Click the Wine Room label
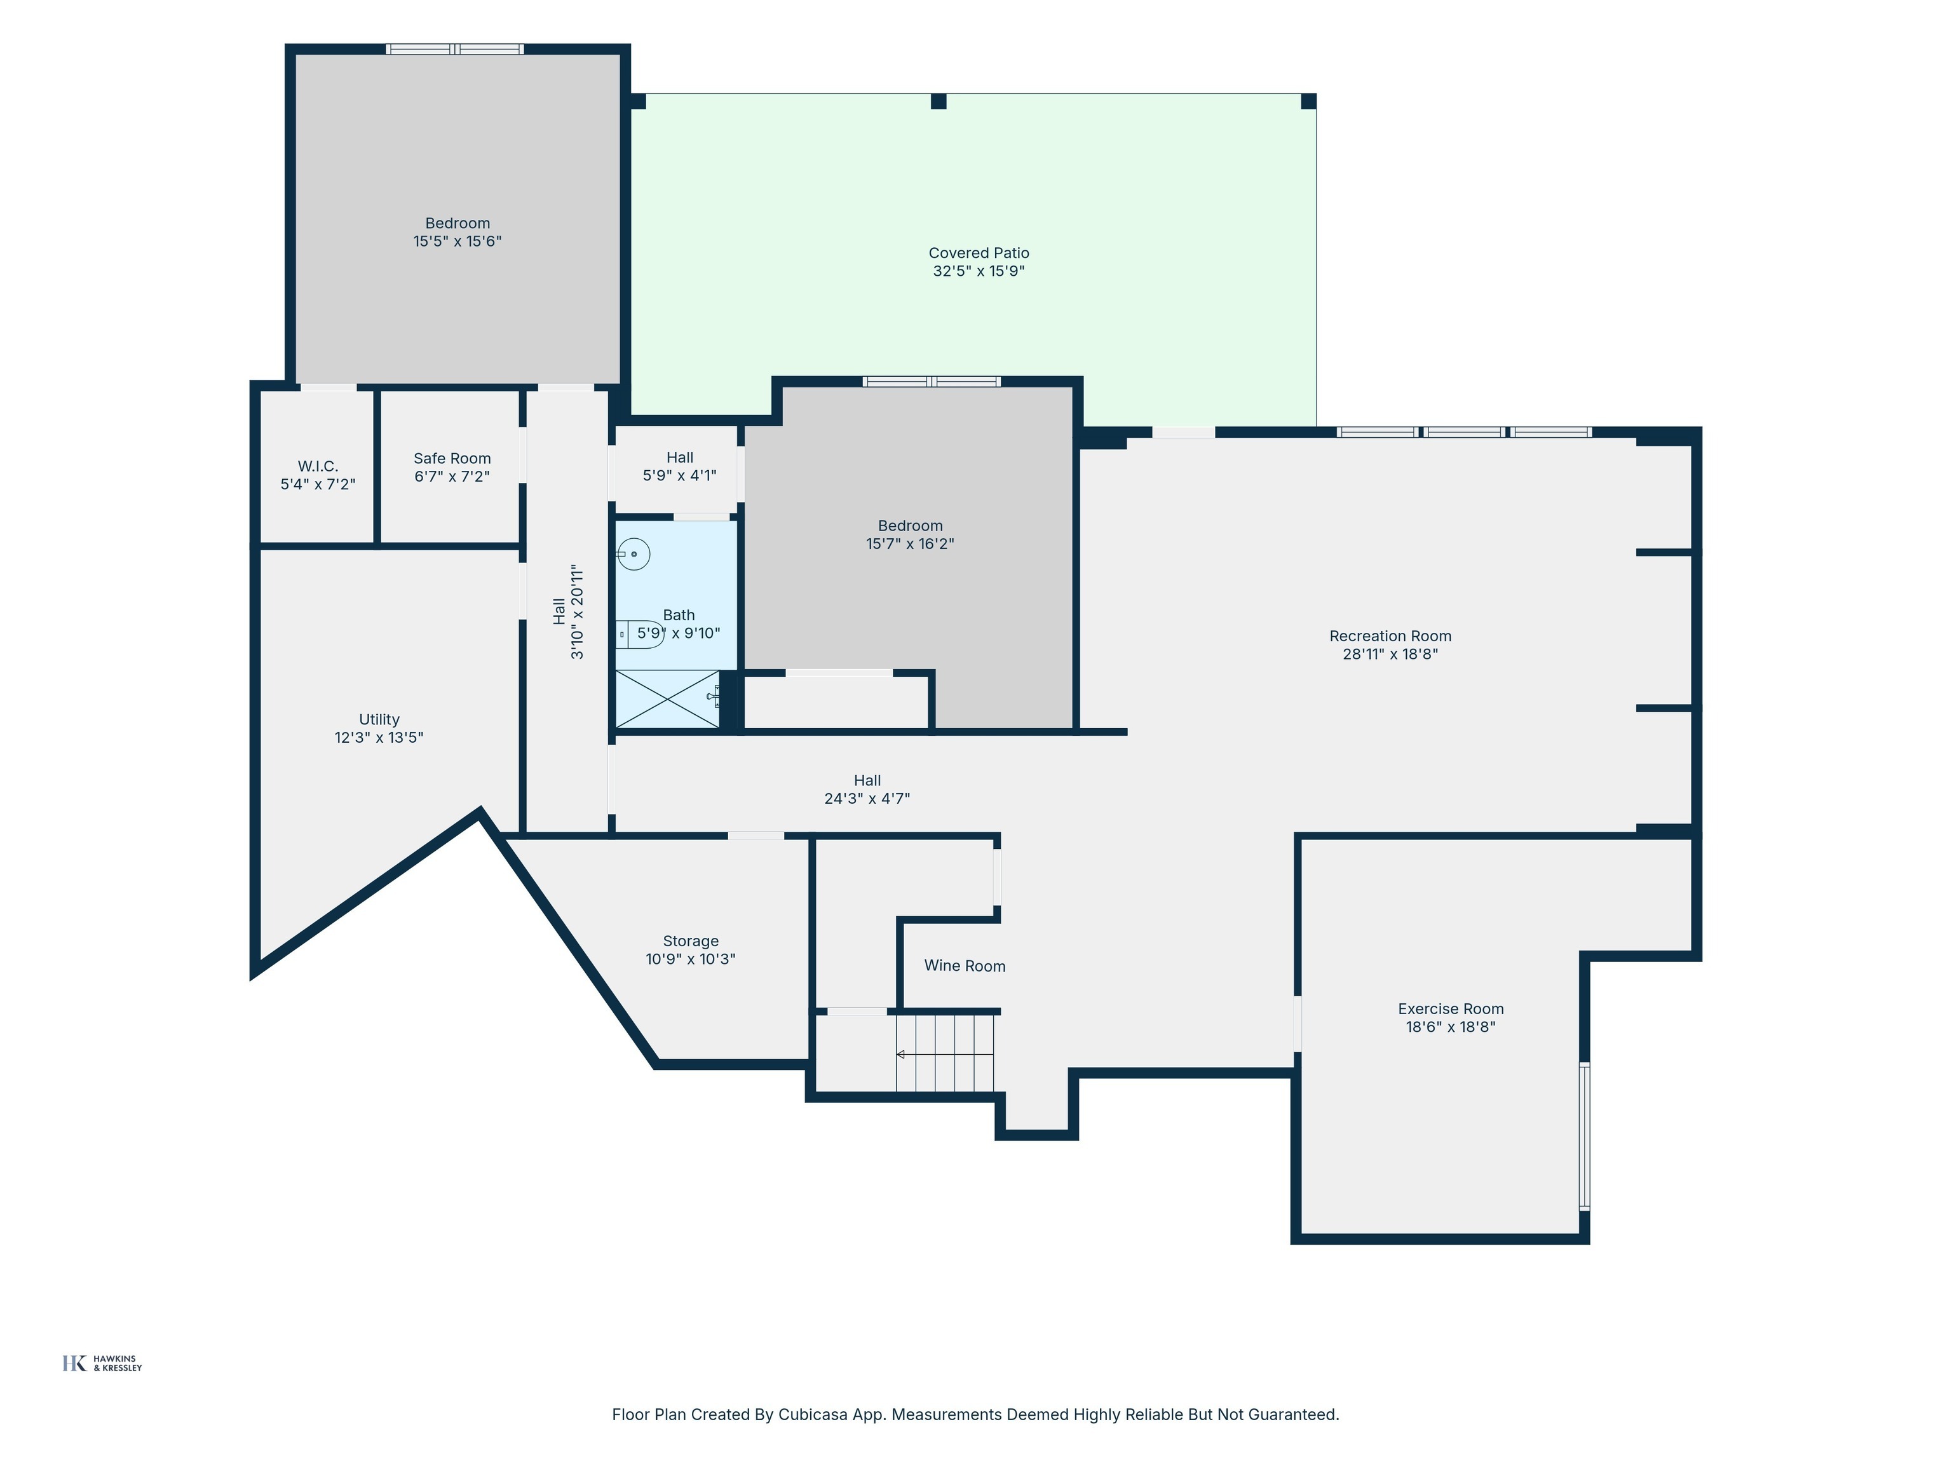[965, 966]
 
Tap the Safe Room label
[452, 459]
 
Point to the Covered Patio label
[979, 254]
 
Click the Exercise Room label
[1451, 1008]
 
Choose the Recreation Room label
[1390, 636]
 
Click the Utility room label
[379, 720]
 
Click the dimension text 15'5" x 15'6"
[457, 241]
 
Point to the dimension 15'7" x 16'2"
[910, 543]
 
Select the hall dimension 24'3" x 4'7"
[867, 799]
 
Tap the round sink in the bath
[633, 554]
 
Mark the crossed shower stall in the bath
[668, 700]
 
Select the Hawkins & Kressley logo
[102, 1364]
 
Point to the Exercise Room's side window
[1584, 1135]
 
